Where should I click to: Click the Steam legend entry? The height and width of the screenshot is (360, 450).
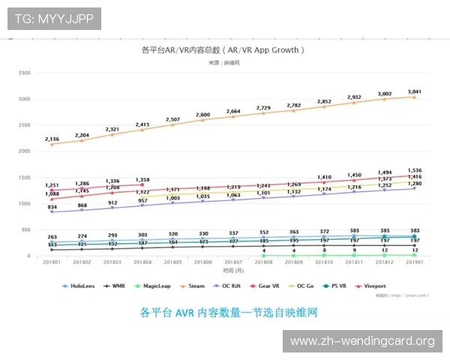tap(190, 286)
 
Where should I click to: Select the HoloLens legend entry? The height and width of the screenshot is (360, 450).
tap(80, 286)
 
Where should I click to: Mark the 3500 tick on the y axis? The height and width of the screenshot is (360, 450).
tap(24, 73)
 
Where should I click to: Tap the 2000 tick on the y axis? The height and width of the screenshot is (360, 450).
tap(24, 151)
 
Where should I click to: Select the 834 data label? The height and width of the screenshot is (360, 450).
tap(52, 207)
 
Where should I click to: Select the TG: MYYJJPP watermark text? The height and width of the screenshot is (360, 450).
tap(54, 18)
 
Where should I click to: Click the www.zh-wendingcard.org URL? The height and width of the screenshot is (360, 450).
tap(362, 341)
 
